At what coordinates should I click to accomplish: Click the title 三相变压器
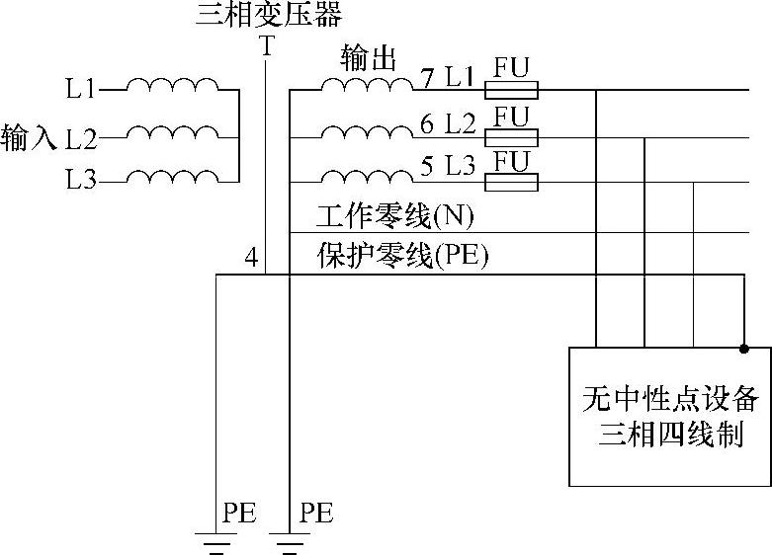(269, 16)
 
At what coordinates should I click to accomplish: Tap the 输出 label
(368, 57)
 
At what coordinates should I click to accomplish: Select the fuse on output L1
(510, 91)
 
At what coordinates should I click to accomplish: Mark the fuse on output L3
(510, 182)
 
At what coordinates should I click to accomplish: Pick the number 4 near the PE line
(251, 259)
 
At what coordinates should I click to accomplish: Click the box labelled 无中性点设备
(670, 416)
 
